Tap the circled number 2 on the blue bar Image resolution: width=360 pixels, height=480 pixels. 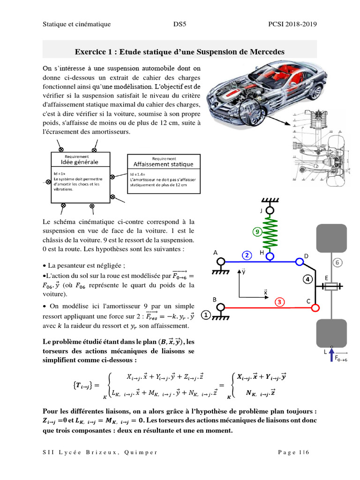[x=247, y=255]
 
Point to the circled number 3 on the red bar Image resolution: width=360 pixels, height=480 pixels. [x=279, y=302]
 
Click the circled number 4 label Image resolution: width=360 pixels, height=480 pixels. [x=308, y=280]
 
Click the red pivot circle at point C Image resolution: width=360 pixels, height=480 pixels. [x=315, y=308]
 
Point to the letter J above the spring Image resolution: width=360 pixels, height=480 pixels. [x=261, y=211]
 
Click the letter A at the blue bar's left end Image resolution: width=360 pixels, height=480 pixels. [x=216, y=252]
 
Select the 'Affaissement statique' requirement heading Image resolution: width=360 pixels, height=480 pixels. [x=163, y=164]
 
